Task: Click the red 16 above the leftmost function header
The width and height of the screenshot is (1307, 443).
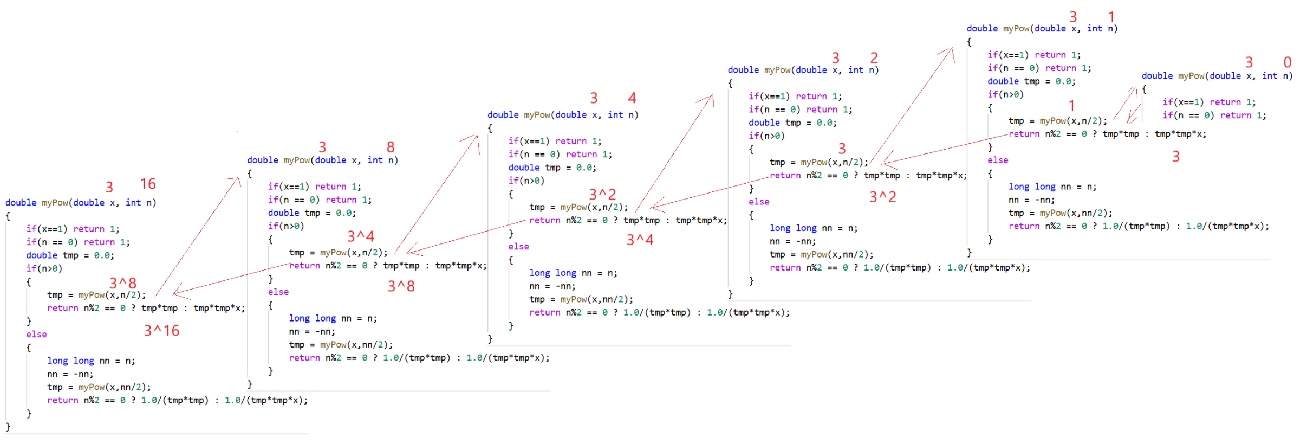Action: pos(148,184)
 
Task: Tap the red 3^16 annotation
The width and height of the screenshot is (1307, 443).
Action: pos(161,331)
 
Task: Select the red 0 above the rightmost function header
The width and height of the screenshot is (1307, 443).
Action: pos(1288,62)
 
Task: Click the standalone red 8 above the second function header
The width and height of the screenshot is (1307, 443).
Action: pos(391,147)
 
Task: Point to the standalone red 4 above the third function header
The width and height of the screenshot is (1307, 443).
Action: pos(632,98)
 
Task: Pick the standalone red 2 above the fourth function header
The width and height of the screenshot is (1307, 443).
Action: pos(874,57)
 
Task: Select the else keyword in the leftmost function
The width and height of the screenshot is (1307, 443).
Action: pos(36,335)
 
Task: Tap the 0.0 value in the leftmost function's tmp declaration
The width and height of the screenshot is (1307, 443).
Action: pos(102,255)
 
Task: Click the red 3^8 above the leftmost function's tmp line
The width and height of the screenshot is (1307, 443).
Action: pos(123,283)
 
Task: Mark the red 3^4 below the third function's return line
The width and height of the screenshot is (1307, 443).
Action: pos(640,240)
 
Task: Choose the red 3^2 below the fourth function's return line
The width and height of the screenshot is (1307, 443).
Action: pos(882,197)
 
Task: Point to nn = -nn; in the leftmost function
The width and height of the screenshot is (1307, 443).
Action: pos(70,374)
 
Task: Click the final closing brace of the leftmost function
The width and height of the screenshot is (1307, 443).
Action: pos(8,427)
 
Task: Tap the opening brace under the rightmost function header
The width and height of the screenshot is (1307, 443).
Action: pos(1144,89)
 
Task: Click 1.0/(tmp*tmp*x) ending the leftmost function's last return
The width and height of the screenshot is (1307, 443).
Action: pos(266,401)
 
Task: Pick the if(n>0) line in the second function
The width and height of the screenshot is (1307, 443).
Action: pos(285,226)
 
